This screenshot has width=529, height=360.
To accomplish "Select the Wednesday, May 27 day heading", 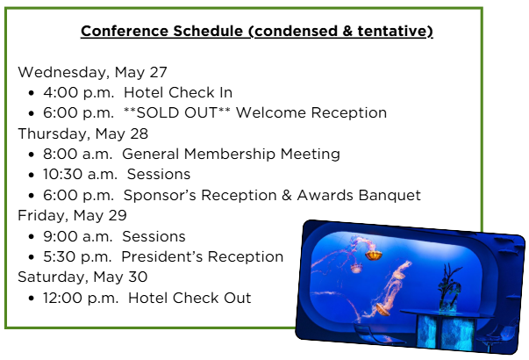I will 92,72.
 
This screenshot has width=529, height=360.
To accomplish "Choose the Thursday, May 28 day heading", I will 83,133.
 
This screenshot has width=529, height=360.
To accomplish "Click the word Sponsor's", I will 162,195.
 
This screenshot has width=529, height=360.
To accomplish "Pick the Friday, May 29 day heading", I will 72,215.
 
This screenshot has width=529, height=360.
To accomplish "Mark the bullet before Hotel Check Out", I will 32,299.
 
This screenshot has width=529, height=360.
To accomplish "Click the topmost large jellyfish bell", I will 374,255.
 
